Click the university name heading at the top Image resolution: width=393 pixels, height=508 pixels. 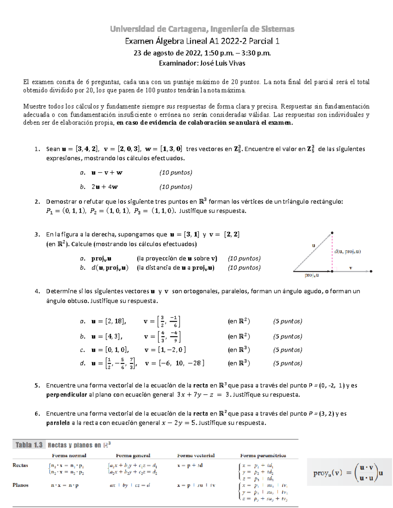coord(202,29)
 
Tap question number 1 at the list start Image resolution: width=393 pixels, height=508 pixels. coord(37,149)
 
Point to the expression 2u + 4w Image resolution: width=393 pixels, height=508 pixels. coord(104,187)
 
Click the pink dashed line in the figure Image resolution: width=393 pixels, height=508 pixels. coord(332,252)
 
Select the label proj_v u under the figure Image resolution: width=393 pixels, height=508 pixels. coord(311,275)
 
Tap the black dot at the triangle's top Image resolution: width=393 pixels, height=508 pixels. coord(332,233)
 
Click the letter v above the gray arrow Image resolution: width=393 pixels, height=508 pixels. coord(350,268)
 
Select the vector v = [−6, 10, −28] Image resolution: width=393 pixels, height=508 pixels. coord(175,363)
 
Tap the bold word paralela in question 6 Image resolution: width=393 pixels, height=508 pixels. coord(58,423)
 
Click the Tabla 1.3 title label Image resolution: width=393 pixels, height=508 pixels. coord(29,445)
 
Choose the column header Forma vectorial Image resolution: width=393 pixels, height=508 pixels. coord(196,455)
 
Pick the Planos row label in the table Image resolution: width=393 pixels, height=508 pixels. coord(20,485)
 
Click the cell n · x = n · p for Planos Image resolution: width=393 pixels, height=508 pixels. coord(65,485)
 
